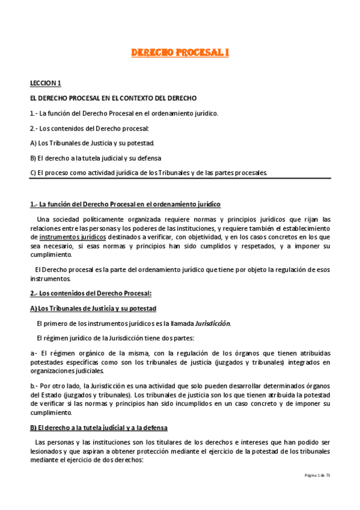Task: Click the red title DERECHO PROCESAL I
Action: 180,54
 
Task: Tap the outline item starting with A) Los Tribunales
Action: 93,143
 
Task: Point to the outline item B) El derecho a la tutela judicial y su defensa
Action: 100,158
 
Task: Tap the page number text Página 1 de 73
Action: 317,475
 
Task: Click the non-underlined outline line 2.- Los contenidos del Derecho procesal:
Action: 89,128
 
